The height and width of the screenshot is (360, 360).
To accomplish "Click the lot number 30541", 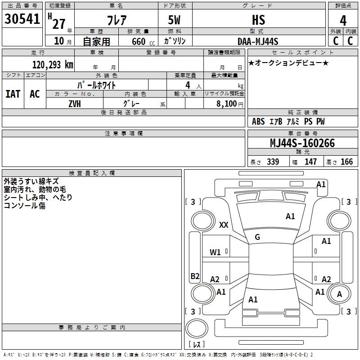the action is click(22, 19).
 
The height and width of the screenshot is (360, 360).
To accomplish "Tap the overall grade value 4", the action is click(343, 20).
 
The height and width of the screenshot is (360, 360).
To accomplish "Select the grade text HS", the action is click(258, 20).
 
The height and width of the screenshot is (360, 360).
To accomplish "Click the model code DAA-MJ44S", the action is click(258, 41).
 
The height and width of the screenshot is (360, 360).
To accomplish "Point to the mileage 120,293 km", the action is click(53, 64).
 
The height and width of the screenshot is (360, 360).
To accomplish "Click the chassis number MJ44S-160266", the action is click(302, 143).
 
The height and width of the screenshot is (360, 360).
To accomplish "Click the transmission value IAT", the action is click(13, 94).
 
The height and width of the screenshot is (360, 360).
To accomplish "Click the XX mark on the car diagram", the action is click(224, 225).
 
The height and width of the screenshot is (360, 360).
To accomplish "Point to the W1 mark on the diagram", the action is click(215, 252).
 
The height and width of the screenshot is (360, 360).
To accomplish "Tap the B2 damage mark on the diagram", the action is click(195, 276).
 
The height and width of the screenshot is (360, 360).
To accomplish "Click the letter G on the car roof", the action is click(257, 237).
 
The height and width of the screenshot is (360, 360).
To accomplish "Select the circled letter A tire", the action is click(339, 294).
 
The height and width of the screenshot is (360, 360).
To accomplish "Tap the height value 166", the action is click(346, 162).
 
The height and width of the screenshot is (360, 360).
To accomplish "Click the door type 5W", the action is click(175, 20).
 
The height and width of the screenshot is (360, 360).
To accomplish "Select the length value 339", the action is click(273, 162).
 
